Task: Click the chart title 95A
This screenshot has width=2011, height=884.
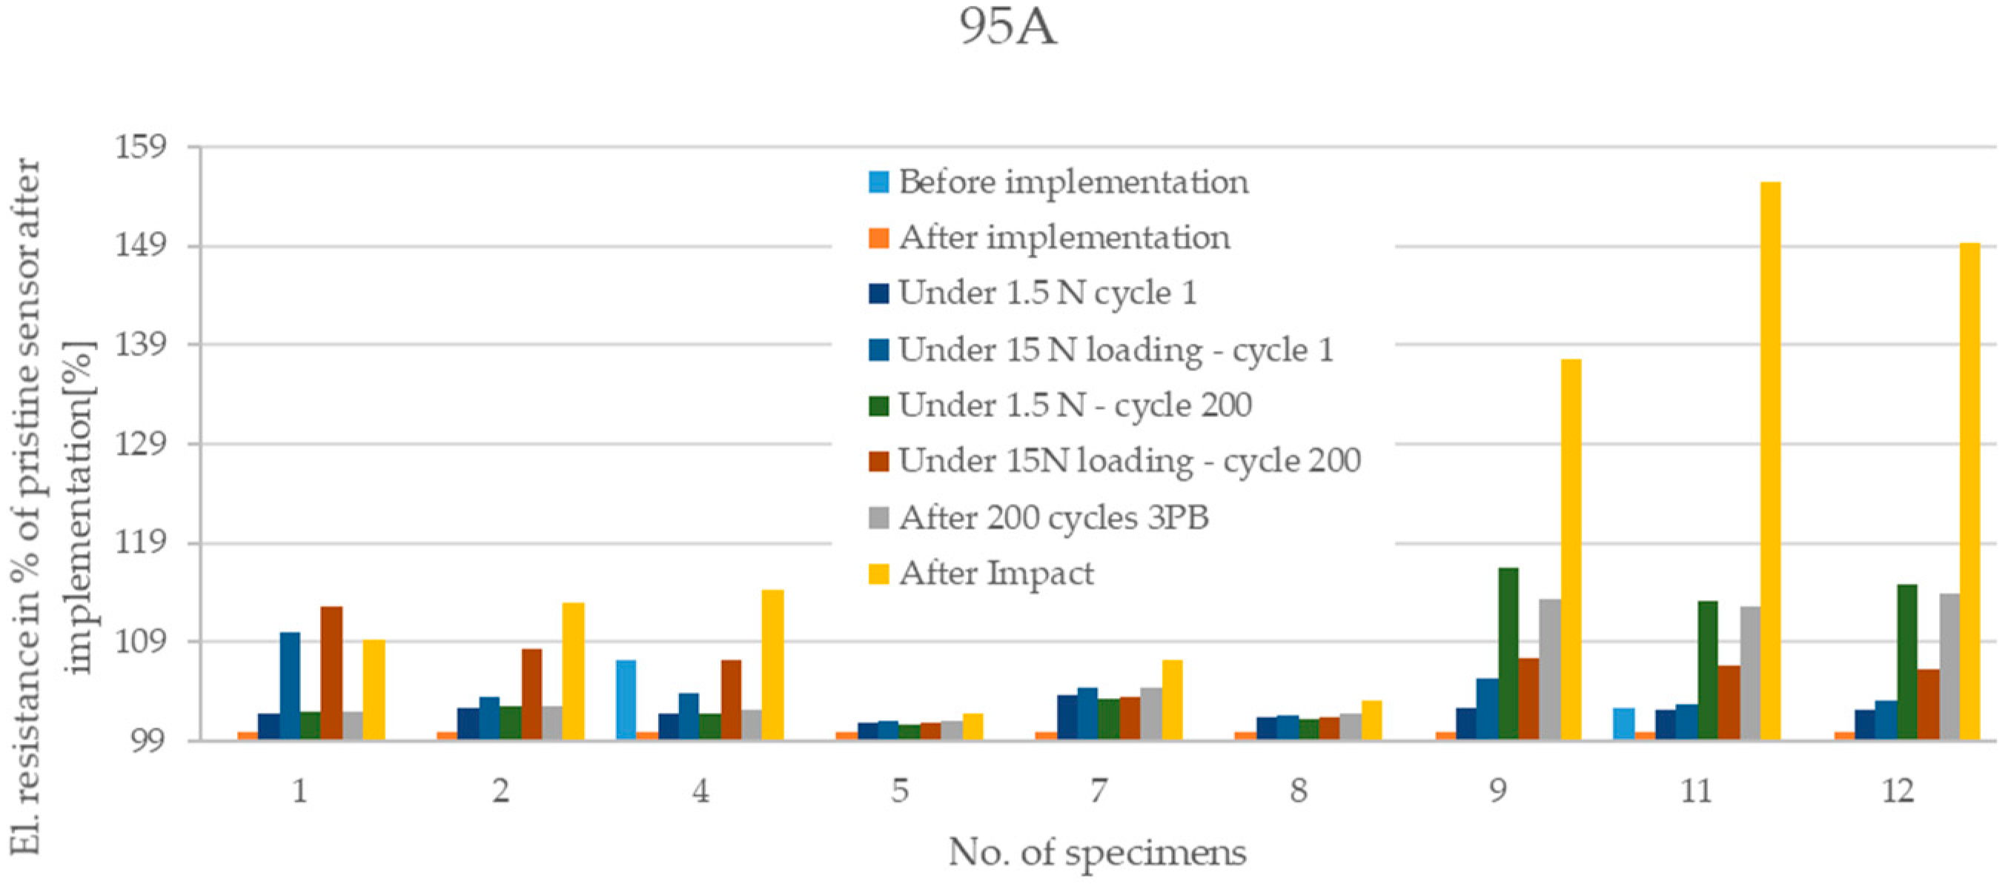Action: [x=1007, y=27]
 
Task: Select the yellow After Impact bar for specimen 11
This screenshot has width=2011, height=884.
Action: [x=1770, y=460]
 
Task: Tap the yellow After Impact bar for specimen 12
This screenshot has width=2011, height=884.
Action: [x=1969, y=491]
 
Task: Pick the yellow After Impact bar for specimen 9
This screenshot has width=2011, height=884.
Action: [x=1571, y=549]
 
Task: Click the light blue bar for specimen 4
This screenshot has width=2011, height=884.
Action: [x=626, y=700]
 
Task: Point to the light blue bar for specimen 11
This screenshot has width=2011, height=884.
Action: [x=1624, y=724]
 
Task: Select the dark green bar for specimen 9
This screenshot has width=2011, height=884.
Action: [x=1508, y=654]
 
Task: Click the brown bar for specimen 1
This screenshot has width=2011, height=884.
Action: [x=332, y=673]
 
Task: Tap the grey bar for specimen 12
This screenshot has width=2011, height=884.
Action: [x=1949, y=666]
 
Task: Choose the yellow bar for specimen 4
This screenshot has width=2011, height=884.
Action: [x=773, y=665]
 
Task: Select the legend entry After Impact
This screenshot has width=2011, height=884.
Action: [x=996, y=574]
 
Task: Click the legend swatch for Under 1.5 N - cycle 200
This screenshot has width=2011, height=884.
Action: [x=879, y=406]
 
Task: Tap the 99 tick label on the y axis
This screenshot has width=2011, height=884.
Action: [x=147, y=740]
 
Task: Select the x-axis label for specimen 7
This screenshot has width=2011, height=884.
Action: [x=1099, y=791]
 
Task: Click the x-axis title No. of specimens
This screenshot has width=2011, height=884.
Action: [x=1097, y=853]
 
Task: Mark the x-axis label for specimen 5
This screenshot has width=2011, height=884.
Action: [x=899, y=791]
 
